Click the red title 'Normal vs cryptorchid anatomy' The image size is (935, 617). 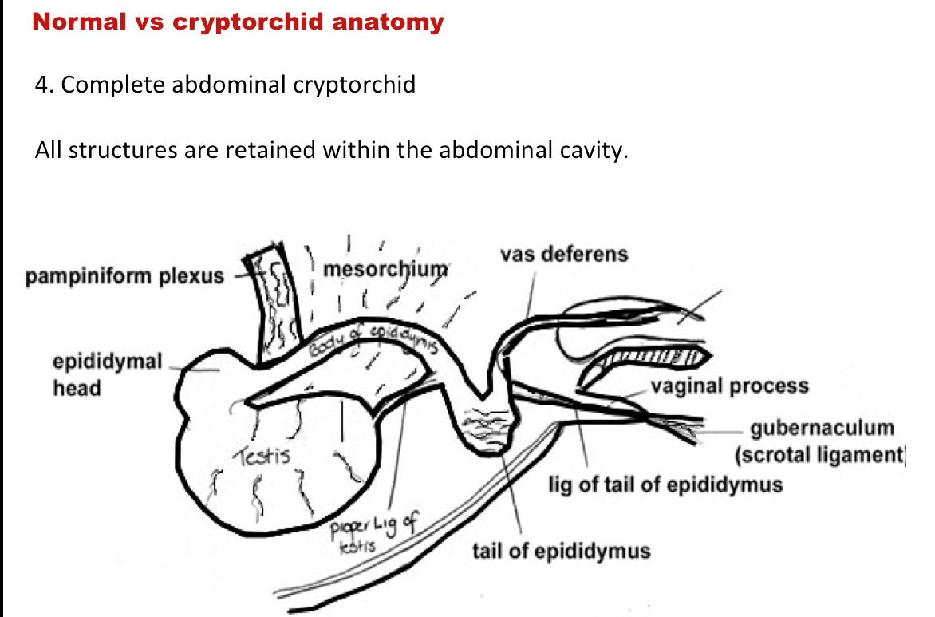pos(238,22)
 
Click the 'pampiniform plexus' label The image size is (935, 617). pos(125,277)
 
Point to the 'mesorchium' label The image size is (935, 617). pos(386,270)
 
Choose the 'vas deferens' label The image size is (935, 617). pos(564,255)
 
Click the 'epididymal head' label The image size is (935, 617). pos(108,375)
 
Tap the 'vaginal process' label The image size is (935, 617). pos(729,387)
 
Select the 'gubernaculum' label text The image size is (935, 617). pos(823,428)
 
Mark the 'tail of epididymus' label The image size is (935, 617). pos(561,551)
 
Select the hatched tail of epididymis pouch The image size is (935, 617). pos(484,429)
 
